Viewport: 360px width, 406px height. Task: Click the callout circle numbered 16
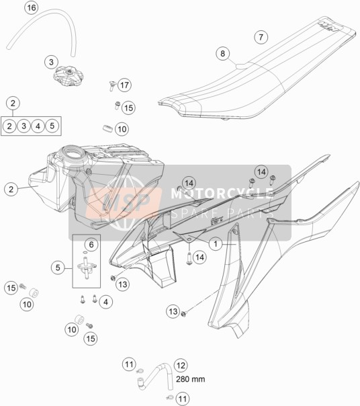32,7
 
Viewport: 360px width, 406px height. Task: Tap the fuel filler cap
69,76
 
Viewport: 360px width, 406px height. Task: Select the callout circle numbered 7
261,37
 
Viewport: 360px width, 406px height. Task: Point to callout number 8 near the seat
222,54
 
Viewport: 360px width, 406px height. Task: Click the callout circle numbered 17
124,85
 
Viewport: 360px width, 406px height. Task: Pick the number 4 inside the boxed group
38,126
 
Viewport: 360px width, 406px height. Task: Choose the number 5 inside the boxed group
52,126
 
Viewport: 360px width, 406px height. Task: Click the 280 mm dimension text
191,379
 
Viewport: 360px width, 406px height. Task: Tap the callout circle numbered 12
181,366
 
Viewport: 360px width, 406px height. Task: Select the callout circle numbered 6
91,245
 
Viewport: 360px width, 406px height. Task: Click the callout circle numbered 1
216,244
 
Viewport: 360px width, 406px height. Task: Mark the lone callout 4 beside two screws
105,302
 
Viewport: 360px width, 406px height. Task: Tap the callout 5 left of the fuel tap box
58,268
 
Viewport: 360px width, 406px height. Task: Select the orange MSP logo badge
124,202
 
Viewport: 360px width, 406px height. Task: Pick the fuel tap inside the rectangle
87,268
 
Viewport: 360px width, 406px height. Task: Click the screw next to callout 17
111,86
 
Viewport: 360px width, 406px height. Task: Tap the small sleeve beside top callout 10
107,128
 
